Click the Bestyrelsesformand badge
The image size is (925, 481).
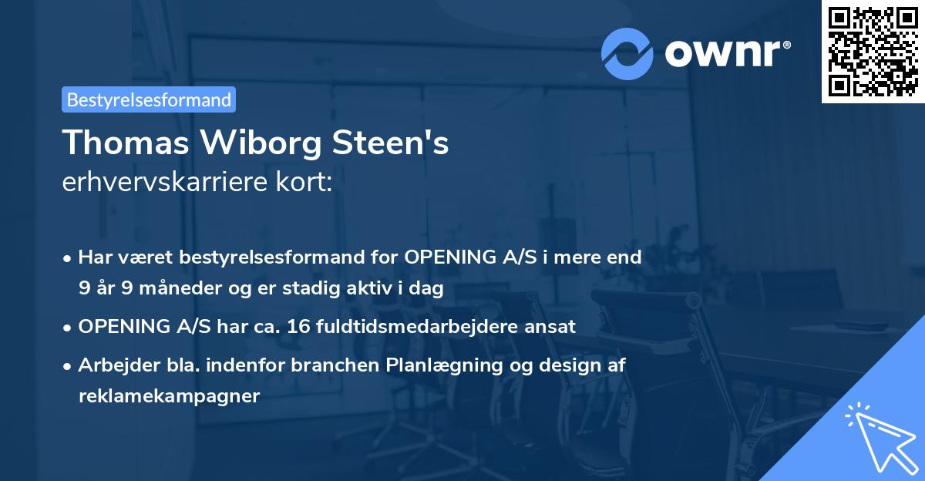coord(149,99)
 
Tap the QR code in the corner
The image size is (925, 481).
coord(873,51)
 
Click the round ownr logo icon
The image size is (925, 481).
coord(627,53)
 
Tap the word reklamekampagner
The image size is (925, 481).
coord(170,396)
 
